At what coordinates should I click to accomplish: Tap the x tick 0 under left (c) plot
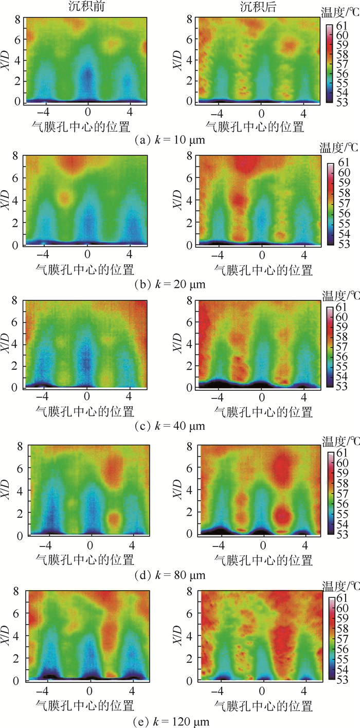coord(87,397)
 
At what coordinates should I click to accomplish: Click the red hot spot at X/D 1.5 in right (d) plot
coord(281,515)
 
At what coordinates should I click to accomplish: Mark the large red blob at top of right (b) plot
coord(246,163)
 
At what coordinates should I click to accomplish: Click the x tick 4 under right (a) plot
coord(303,113)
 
